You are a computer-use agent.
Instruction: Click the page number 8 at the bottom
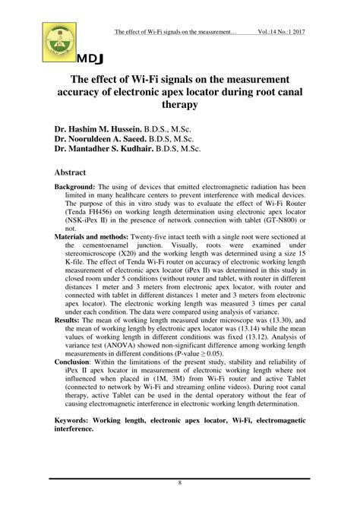tap(180, 483)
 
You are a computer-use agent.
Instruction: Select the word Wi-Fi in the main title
tap(169, 78)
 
